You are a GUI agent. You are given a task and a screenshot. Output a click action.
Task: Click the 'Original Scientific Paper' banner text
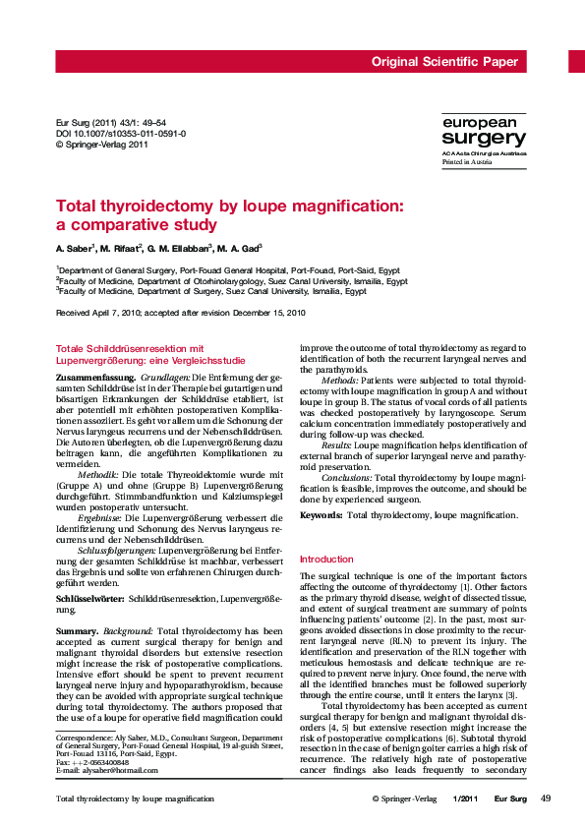point(443,62)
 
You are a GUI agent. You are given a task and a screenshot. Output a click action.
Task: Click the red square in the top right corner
point(576,62)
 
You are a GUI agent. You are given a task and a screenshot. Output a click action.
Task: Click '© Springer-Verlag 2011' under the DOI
point(102,144)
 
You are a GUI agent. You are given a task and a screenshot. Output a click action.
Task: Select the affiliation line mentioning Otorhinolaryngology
point(232,280)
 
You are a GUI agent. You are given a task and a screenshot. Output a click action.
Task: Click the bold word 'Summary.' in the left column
point(77,629)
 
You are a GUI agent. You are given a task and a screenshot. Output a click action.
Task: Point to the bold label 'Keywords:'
point(321,515)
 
